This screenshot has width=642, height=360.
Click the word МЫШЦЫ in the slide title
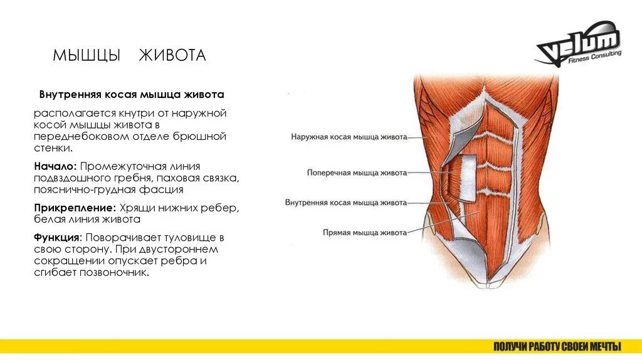pyautogui.click(x=87, y=56)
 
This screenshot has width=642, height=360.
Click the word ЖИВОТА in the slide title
pyautogui.click(x=172, y=56)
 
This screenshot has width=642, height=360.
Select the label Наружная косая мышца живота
pyautogui.click(x=349, y=136)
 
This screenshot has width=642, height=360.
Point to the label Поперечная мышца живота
pyautogui.click(x=357, y=172)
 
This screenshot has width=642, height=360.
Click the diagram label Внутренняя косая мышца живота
pyautogui.click(x=346, y=203)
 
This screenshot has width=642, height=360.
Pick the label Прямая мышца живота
pyautogui.click(x=364, y=232)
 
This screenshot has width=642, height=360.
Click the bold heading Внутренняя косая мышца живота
pyautogui.click(x=132, y=95)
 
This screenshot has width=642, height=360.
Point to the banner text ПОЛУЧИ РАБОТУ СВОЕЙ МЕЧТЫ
pyautogui.click(x=557, y=346)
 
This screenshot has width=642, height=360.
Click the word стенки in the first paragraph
pyautogui.click(x=53, y=148)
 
